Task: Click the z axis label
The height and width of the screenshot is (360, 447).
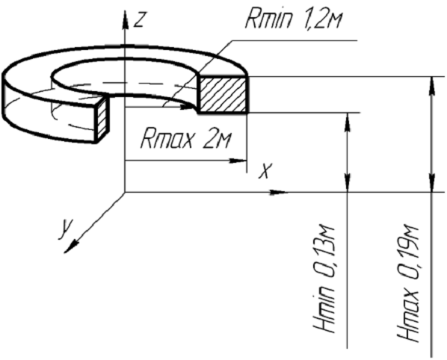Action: pos(139,20)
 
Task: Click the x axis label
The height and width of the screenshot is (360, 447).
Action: pos(265,170)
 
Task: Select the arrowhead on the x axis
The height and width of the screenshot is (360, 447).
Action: pos(277,192)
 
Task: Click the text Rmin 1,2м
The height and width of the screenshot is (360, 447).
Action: pos(294,18)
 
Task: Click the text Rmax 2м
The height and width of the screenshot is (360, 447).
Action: pos(185,138)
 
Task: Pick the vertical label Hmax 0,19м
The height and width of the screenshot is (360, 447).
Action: pos(409,284)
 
